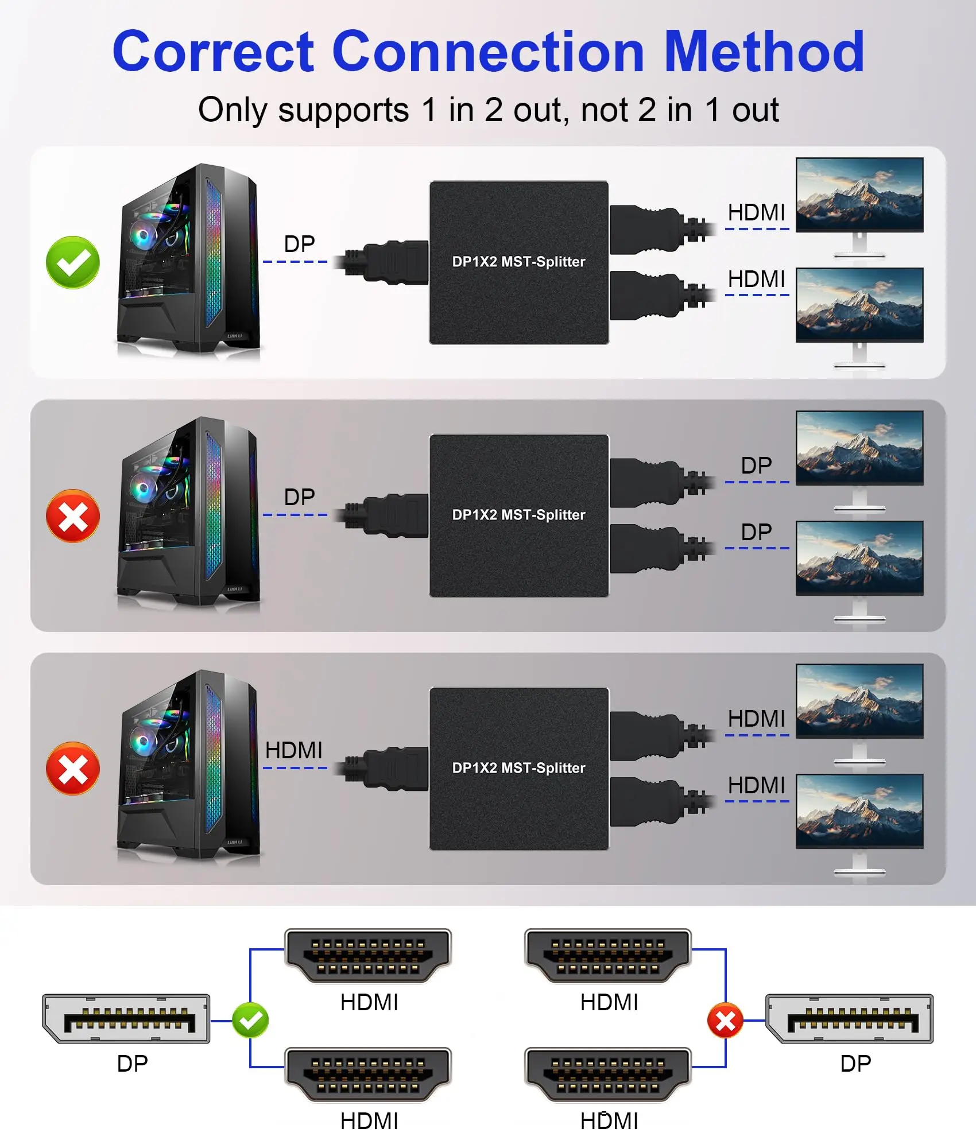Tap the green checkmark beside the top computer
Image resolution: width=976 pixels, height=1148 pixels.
73,262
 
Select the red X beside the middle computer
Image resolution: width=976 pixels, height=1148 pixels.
73,515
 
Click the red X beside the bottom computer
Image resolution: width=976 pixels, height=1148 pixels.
73,769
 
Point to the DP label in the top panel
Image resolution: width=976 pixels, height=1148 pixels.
299,244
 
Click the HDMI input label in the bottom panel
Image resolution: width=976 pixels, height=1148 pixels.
293,750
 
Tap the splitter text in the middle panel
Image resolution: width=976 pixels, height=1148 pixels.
518,515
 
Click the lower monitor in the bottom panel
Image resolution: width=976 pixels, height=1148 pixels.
859,824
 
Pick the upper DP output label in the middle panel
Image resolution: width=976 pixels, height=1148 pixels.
756,466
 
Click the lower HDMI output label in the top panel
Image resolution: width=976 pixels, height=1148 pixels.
756,279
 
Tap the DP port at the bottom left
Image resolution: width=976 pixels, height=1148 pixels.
126,1018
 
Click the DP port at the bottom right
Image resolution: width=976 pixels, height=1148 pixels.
850,1018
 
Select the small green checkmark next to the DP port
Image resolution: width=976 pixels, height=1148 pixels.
250,1020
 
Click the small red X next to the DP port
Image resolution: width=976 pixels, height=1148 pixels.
726,1020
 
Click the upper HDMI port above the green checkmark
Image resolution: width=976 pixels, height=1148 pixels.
368,956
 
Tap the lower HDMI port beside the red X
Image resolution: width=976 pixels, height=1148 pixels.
608,1075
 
